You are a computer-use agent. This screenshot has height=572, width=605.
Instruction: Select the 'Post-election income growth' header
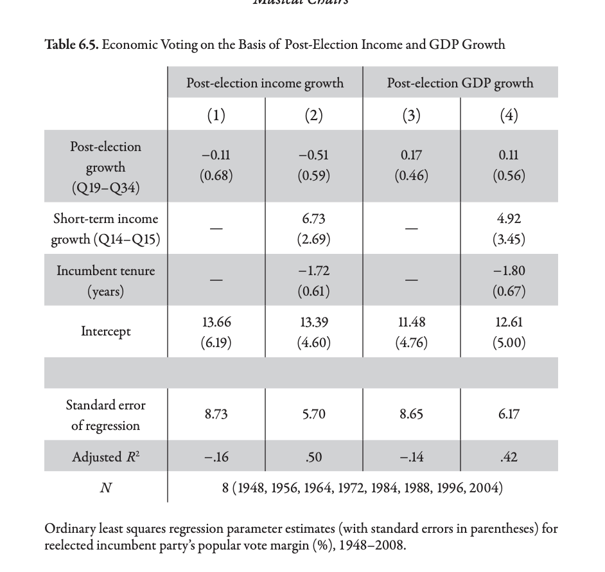tap(265, 83)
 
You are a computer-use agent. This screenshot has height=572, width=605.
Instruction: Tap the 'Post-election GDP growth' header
tap(460, 83)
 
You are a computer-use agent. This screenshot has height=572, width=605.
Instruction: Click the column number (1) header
tap(216, 115)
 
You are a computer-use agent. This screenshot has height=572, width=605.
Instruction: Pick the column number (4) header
tap(509, 115)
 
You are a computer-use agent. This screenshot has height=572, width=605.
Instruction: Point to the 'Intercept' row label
tap(105, 332)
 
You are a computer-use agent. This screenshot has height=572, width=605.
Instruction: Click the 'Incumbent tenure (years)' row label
tap(105, 280)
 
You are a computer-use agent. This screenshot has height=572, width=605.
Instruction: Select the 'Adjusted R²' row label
tap(105, 457)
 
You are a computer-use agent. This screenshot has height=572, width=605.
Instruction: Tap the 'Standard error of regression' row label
tap(105, 415)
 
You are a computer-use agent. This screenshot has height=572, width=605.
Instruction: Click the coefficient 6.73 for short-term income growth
tap(314, 219)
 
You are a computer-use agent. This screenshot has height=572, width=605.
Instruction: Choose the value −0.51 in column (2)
tap(314, 156)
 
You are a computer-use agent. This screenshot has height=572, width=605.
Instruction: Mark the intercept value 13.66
tap(216, 322)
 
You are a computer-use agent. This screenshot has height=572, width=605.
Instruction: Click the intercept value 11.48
tap(411, 322)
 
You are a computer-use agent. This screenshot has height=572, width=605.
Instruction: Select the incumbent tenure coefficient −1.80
tap(509, 271)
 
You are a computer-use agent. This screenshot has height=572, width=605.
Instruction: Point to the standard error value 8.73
tap(216, 415)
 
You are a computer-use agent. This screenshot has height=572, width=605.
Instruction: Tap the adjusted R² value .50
tap(314, 458)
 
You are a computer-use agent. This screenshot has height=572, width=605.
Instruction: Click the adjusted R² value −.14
tap(411, 458)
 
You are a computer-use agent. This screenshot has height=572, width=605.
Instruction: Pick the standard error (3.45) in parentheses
tap(509, 240)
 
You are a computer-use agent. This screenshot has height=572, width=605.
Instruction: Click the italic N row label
tap(105, 488)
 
